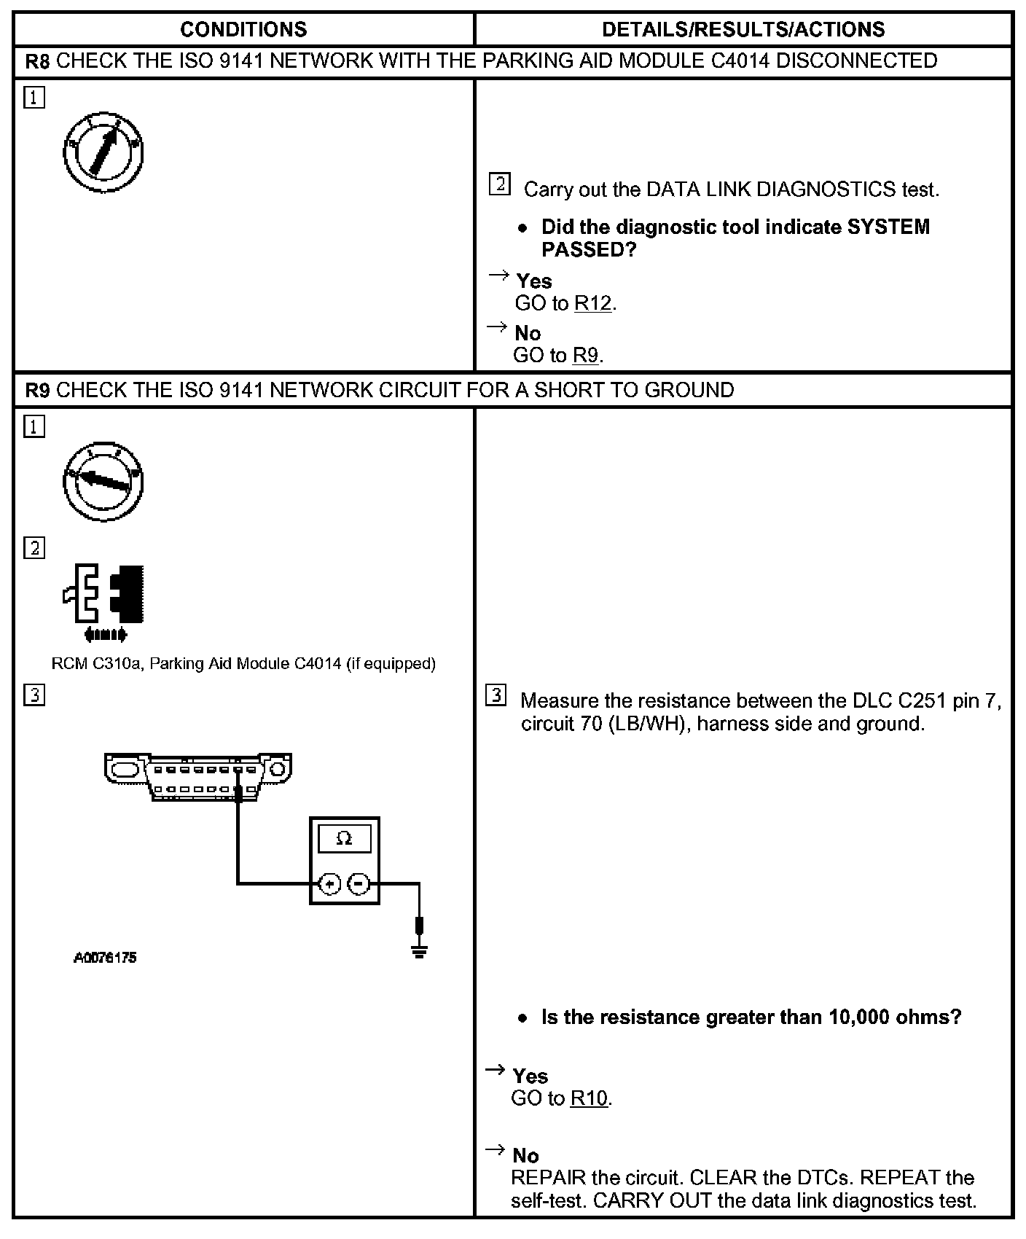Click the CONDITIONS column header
pos(243,29)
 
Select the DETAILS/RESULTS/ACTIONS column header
pos(743,29)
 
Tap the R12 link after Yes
pos(593,303)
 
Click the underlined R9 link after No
pos(586,355)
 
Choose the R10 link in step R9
pos(589,1098)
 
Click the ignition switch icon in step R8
pos(103,152)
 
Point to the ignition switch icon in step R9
pos(103,481)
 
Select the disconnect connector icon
pos(104,602)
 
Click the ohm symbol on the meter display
pos(344,839)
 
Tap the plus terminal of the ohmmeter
pos(329,884)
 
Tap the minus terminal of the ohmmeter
pos(359,884)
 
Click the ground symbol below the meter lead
pos(419,950)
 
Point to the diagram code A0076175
pos(105,958)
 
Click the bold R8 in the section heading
pos(37,61)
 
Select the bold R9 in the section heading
pos(37,391)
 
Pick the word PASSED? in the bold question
pos(589,250)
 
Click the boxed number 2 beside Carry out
pos(499,184)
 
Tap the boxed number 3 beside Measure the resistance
pos(496,696)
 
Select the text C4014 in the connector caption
pos(318,664)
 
